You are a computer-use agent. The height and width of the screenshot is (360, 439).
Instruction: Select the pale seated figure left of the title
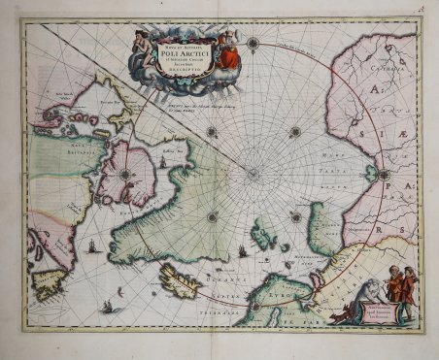click(x=143, y=45)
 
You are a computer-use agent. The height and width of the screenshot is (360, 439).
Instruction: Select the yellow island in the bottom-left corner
click(x=48, y=284)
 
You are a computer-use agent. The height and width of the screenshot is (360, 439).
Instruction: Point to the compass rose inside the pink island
click(x=125, y=176)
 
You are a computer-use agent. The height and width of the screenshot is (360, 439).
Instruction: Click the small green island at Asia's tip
click(x=370, y=173)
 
